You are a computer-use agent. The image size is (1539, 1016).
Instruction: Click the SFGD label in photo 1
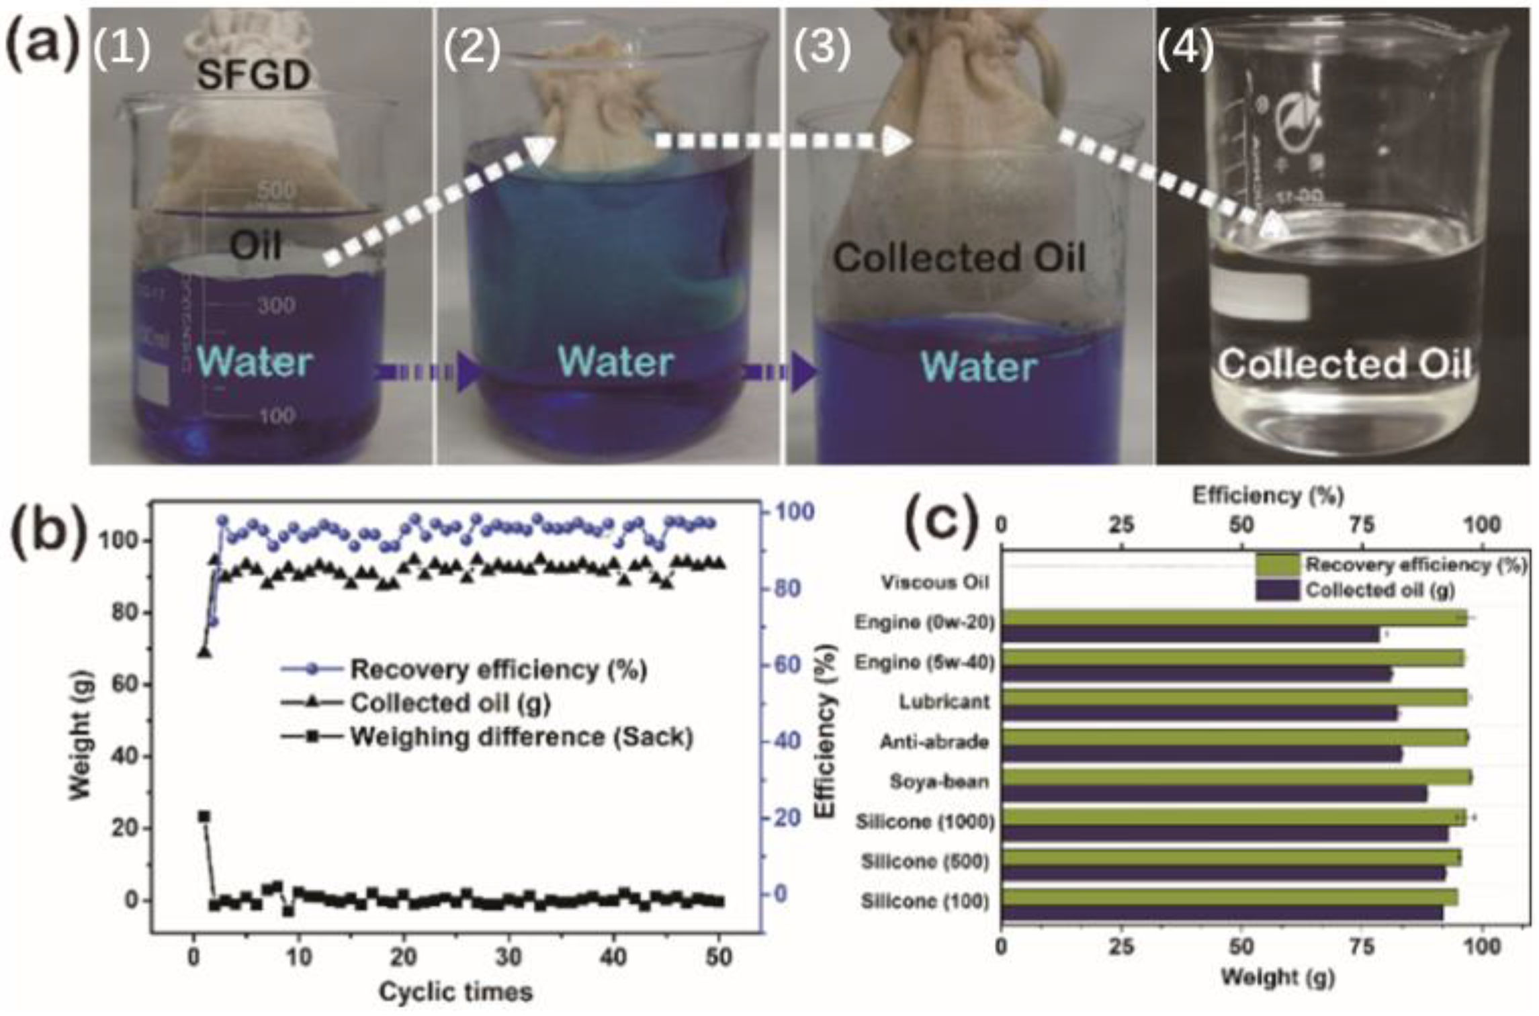[x=253, y=75]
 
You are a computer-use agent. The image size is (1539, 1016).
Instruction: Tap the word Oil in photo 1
[x=255, y=246]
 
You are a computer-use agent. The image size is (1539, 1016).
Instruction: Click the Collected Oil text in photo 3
[x=959, y=259]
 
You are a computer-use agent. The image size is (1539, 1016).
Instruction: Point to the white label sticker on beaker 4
[x=1262, y=294]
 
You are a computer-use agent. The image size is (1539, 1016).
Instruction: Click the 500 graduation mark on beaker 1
[x=276, y=191]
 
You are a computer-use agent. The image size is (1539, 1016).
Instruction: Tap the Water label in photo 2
[x=615, y=362]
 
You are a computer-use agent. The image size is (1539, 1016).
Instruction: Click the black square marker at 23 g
[x=204, y=817]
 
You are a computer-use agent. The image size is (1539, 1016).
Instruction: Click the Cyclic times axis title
[x=455, y=991]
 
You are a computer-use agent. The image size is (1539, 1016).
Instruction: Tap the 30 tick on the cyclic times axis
[x=509, y=956]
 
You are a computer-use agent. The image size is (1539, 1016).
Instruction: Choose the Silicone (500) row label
[x=925, y=861]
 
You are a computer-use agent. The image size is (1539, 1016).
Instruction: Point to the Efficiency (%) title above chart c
[x=1268, y=496]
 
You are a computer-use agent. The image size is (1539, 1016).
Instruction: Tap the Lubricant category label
[x=944, y=702]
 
